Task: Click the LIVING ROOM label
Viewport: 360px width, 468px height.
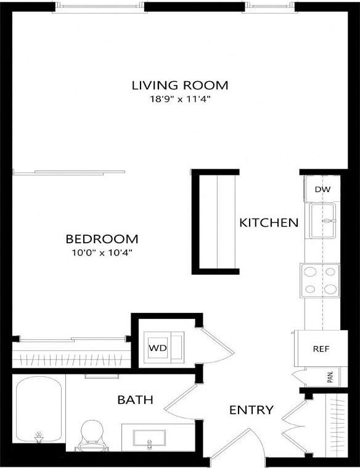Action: [x=180, y=84]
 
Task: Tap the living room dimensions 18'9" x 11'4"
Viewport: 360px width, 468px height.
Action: [x=180, y=99]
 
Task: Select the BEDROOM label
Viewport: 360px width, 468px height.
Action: [x=102, y=238]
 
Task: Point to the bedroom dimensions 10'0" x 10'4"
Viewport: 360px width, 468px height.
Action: [x=102, y=252]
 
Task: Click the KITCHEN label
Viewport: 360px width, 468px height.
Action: [x=269, y=222]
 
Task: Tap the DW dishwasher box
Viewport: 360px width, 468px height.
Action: [x=322, y=189]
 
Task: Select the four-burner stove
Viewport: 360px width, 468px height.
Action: [x=319, y=280]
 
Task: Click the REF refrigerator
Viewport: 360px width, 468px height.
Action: [x=321, y=349]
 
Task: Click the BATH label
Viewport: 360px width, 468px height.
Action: [x=135, y=400]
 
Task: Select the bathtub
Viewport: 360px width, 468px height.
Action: [x=38, y=411]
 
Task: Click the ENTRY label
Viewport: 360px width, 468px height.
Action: [x=251, y=410]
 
